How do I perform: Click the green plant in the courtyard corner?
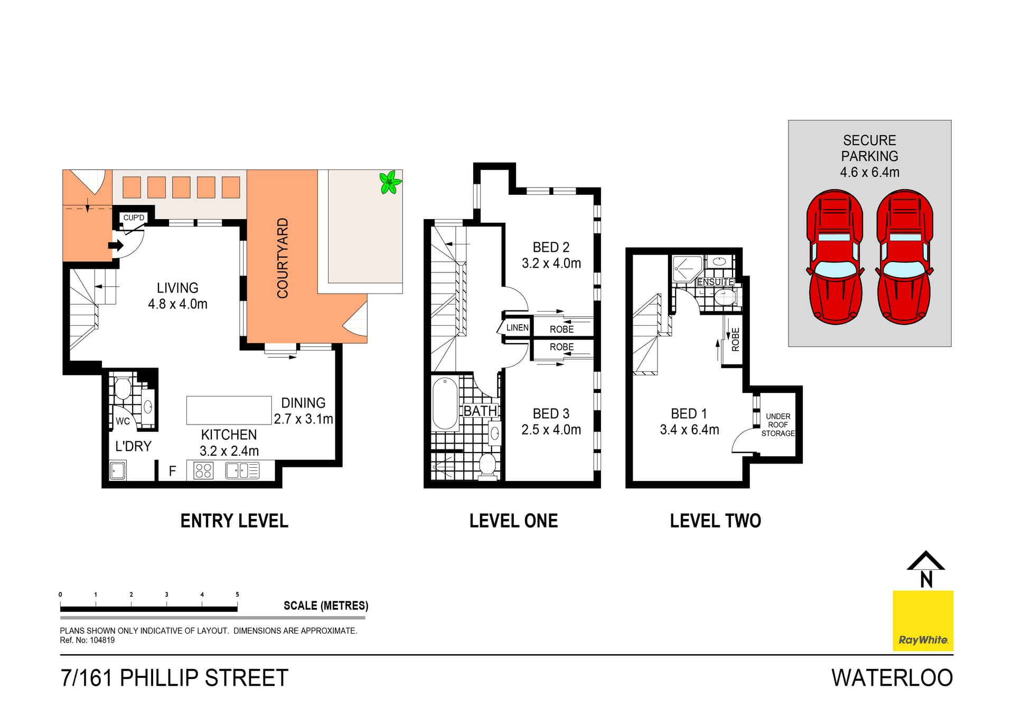[390, 183]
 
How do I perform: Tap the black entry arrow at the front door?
[116, 246]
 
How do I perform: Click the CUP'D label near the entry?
[134, 218]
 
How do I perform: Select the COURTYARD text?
[283, 258]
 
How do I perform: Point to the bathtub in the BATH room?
[445, 403]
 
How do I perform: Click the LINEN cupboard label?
[517, 328]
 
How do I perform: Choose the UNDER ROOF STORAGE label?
[778, 425]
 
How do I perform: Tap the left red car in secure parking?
[835, 257]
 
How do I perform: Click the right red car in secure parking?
[905, 257]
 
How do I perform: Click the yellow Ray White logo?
[923, 621]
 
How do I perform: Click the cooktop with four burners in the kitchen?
[203, 470]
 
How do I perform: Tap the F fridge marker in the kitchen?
[172, 471]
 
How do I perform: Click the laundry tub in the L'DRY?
[118, 470]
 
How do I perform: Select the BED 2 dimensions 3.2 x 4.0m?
[551, 263]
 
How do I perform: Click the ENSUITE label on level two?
[715, 282]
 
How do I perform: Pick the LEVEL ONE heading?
[513, 521]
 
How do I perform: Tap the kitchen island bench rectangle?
[229, 410]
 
